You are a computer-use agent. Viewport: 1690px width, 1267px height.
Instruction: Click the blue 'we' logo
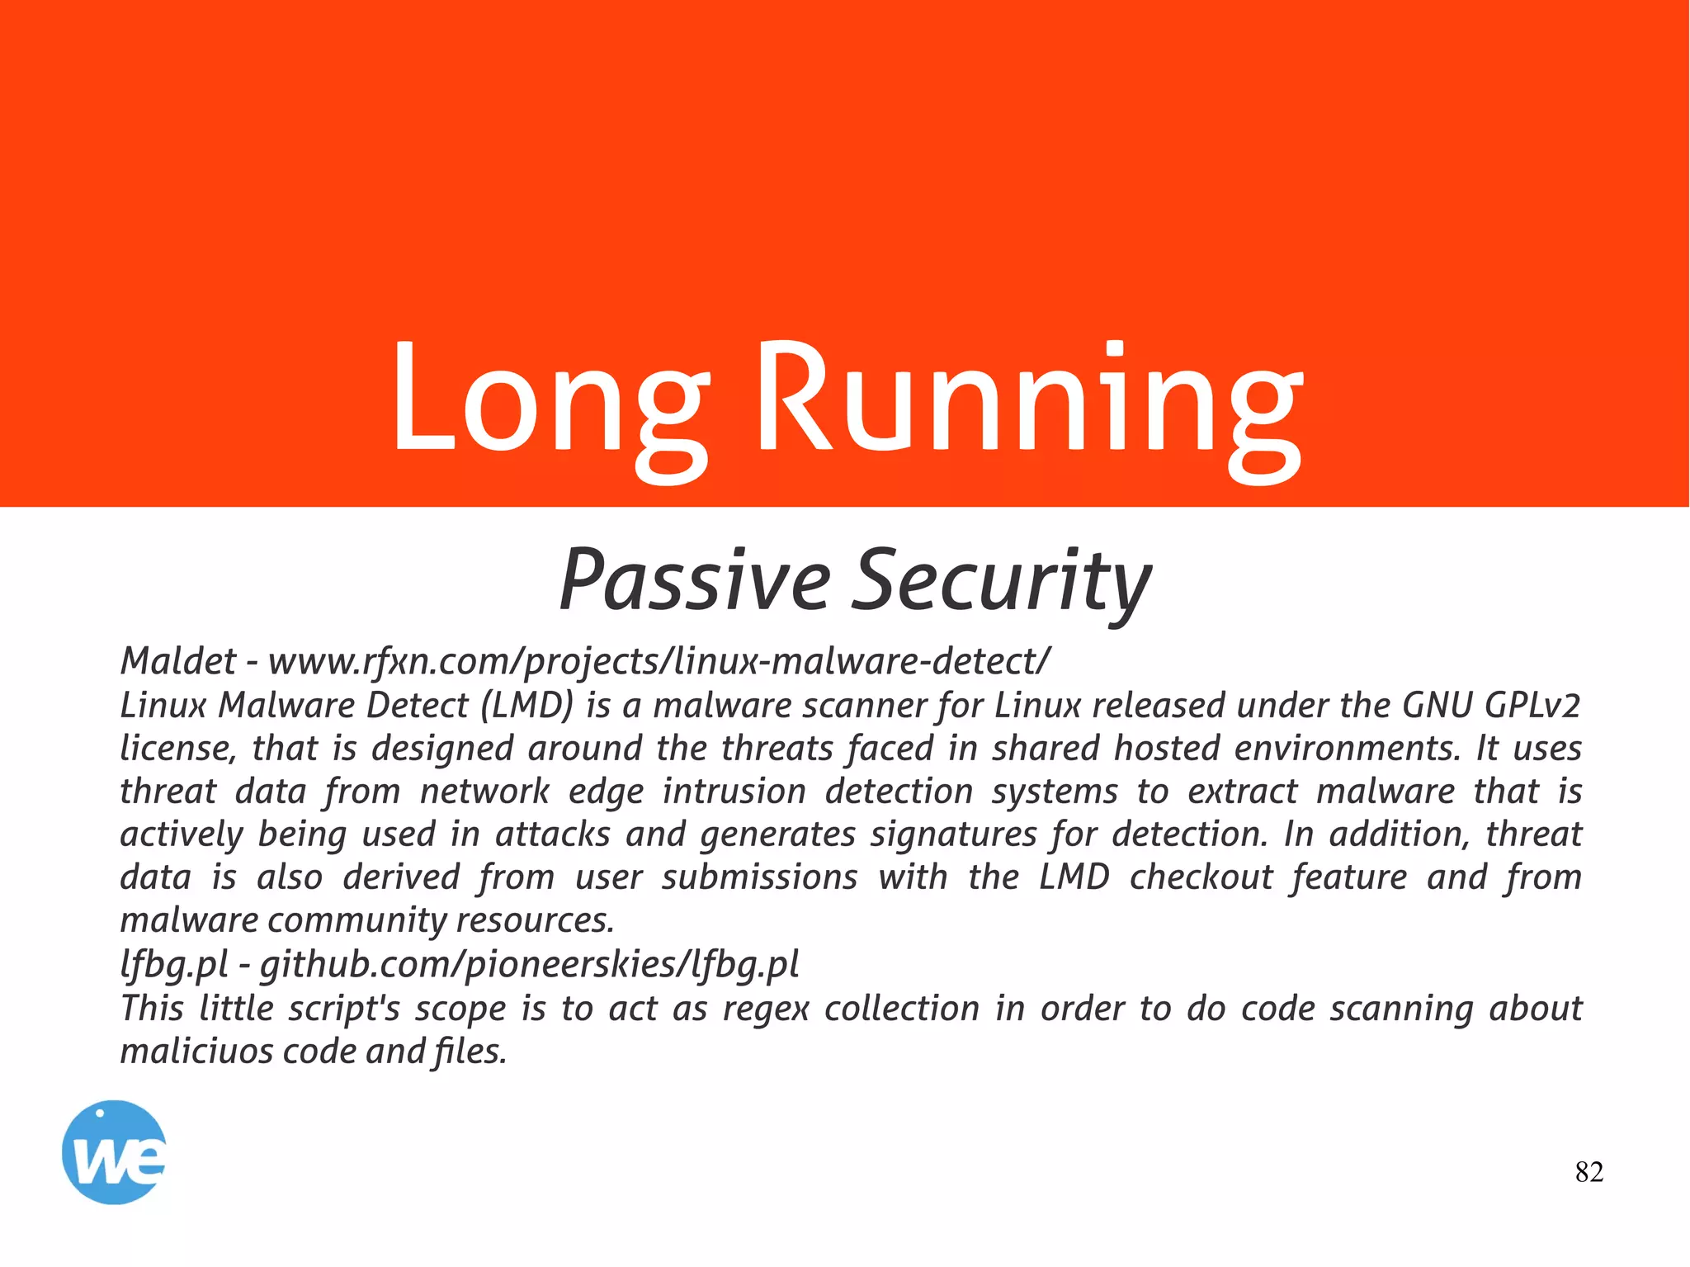pos(114,1152)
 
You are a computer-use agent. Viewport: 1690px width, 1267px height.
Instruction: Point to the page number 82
pos(1589,1172)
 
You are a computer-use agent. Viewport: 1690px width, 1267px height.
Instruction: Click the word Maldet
pos(178,661)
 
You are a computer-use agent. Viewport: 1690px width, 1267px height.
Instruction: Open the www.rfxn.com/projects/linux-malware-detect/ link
pos(659,661)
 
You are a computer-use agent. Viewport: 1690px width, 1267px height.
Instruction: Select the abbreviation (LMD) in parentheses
pos(525,706)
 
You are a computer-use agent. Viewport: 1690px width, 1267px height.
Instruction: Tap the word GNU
pos(1437,706)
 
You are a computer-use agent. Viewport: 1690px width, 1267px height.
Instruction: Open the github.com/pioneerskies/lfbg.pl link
pos(529,964)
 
